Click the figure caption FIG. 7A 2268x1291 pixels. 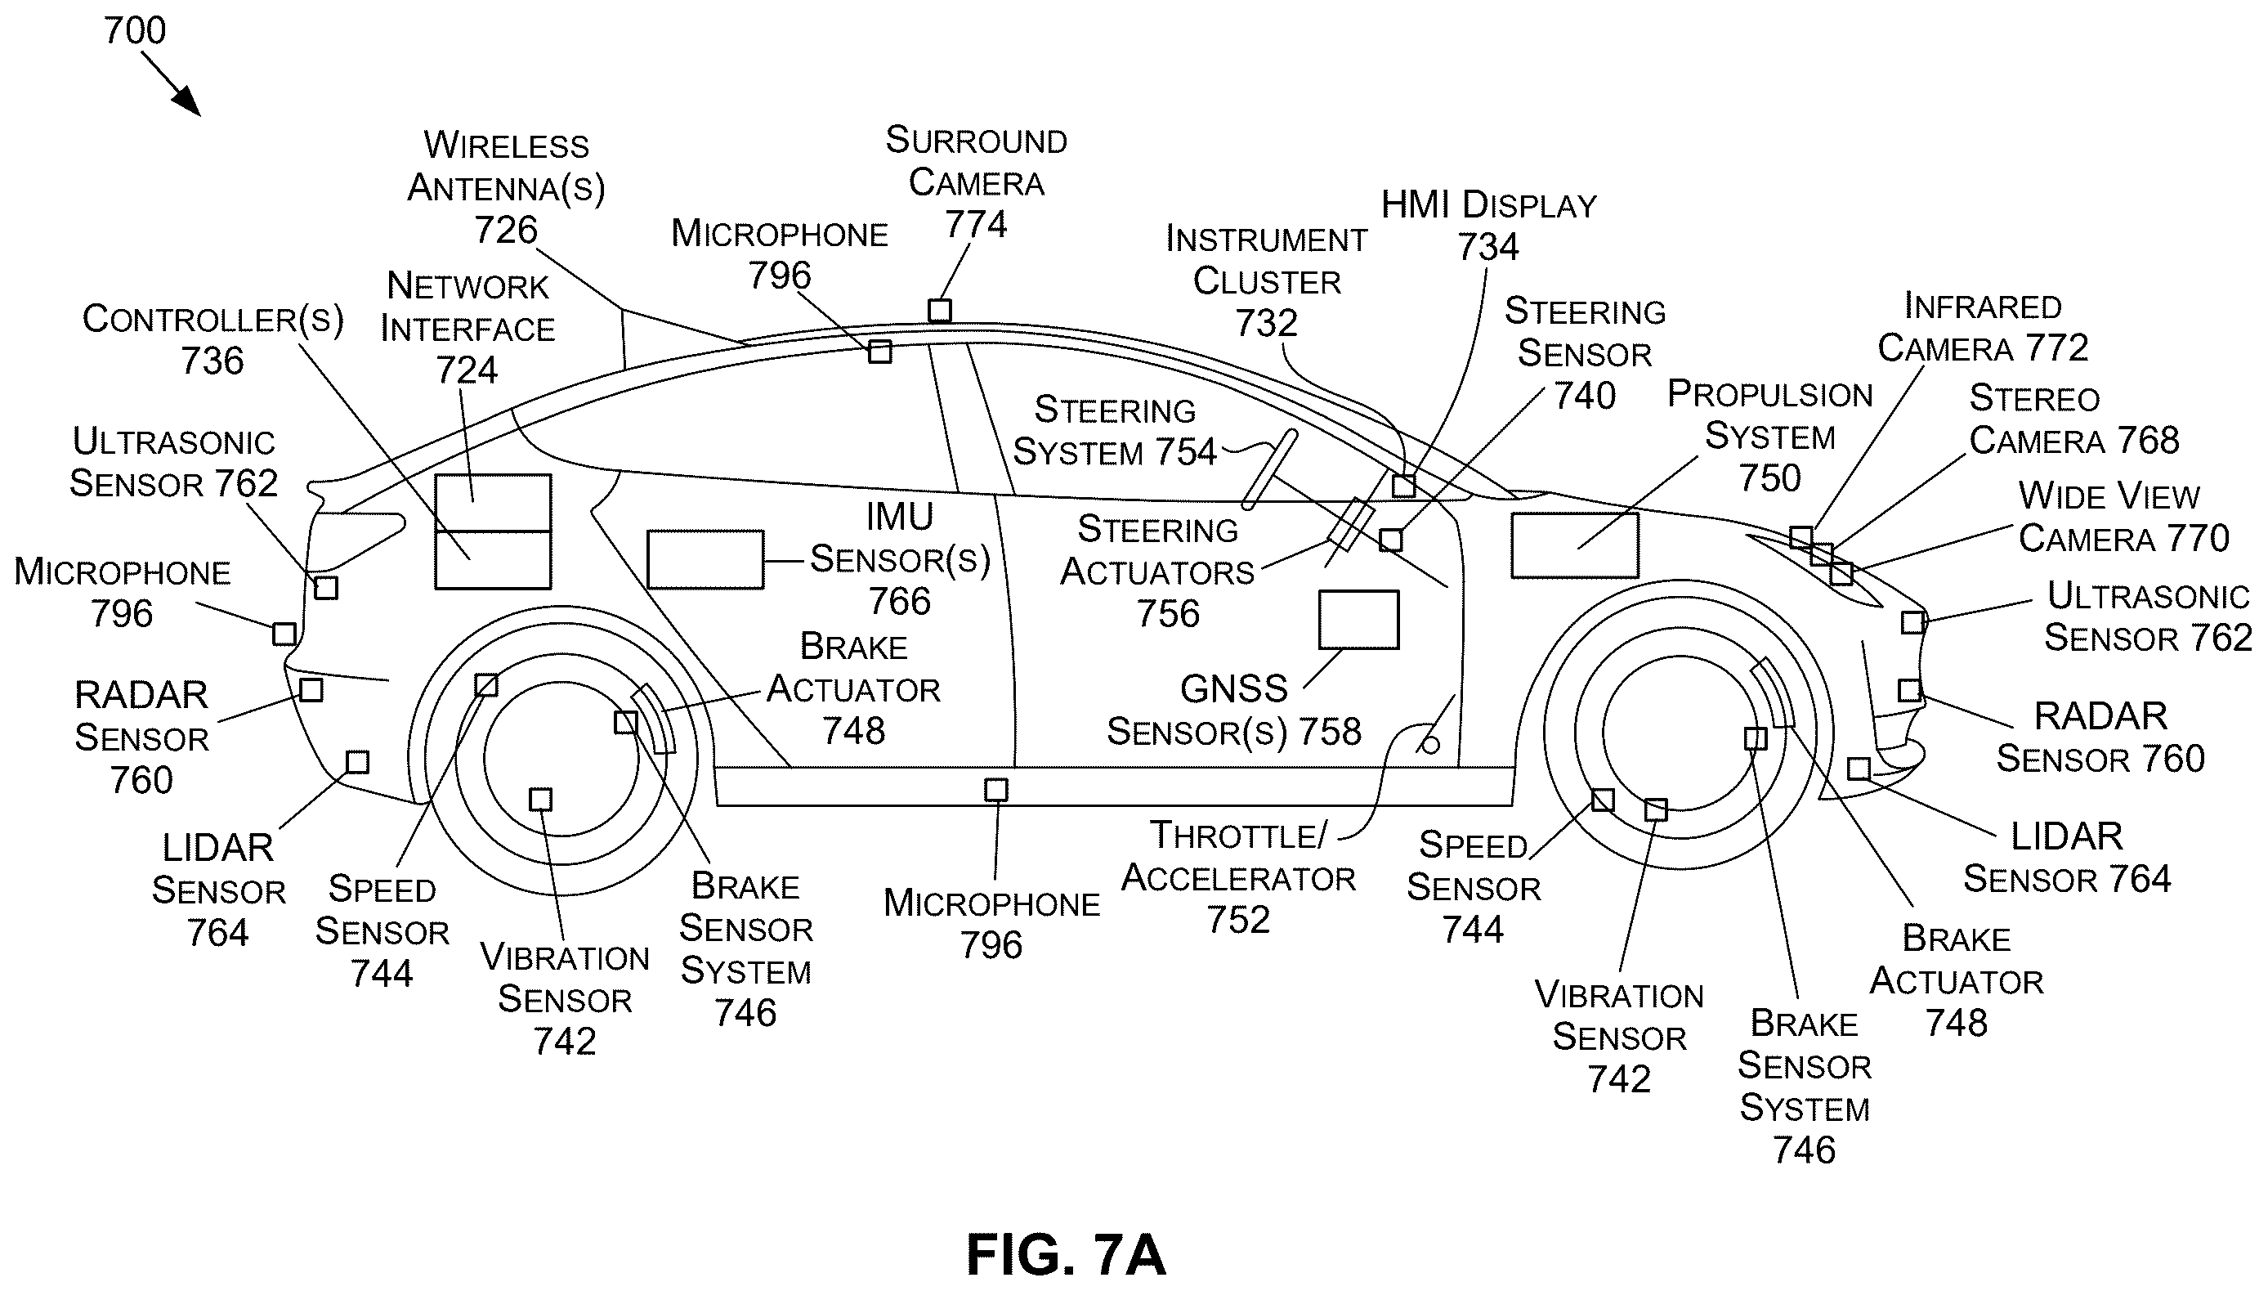click(x=1065, y=1253)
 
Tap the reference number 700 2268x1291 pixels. click(x=135, y=31)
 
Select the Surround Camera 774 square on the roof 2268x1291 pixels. click(x=939, y=311)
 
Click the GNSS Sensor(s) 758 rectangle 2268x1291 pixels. click(x=1358, y=620)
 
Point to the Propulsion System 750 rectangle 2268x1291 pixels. click(x=1575, y=545)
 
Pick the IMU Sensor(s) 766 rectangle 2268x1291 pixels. click(x=705, y=559)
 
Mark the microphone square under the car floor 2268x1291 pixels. click(x=996, y=789)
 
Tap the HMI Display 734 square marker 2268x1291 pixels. click(x=1404, y=486)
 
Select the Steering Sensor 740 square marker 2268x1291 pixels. click(x=1390, y=540)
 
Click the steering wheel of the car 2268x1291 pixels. click(x=1269, y=470)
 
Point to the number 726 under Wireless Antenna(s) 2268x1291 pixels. click(x=506, y=231)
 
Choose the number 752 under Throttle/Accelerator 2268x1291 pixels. click(x=1238, y=920)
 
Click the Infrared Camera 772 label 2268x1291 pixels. click(x=1983, y=327)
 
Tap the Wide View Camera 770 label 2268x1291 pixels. click(x=2123, y=517)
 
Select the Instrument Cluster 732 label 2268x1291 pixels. click(x=1267, y=281)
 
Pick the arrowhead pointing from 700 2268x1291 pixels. click(x=187, y=102)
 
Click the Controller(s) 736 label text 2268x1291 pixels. click(x=212, y=339)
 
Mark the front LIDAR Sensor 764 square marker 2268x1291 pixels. click(x=1859, y=769)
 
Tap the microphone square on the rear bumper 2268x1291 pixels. click(x=284, y=634)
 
